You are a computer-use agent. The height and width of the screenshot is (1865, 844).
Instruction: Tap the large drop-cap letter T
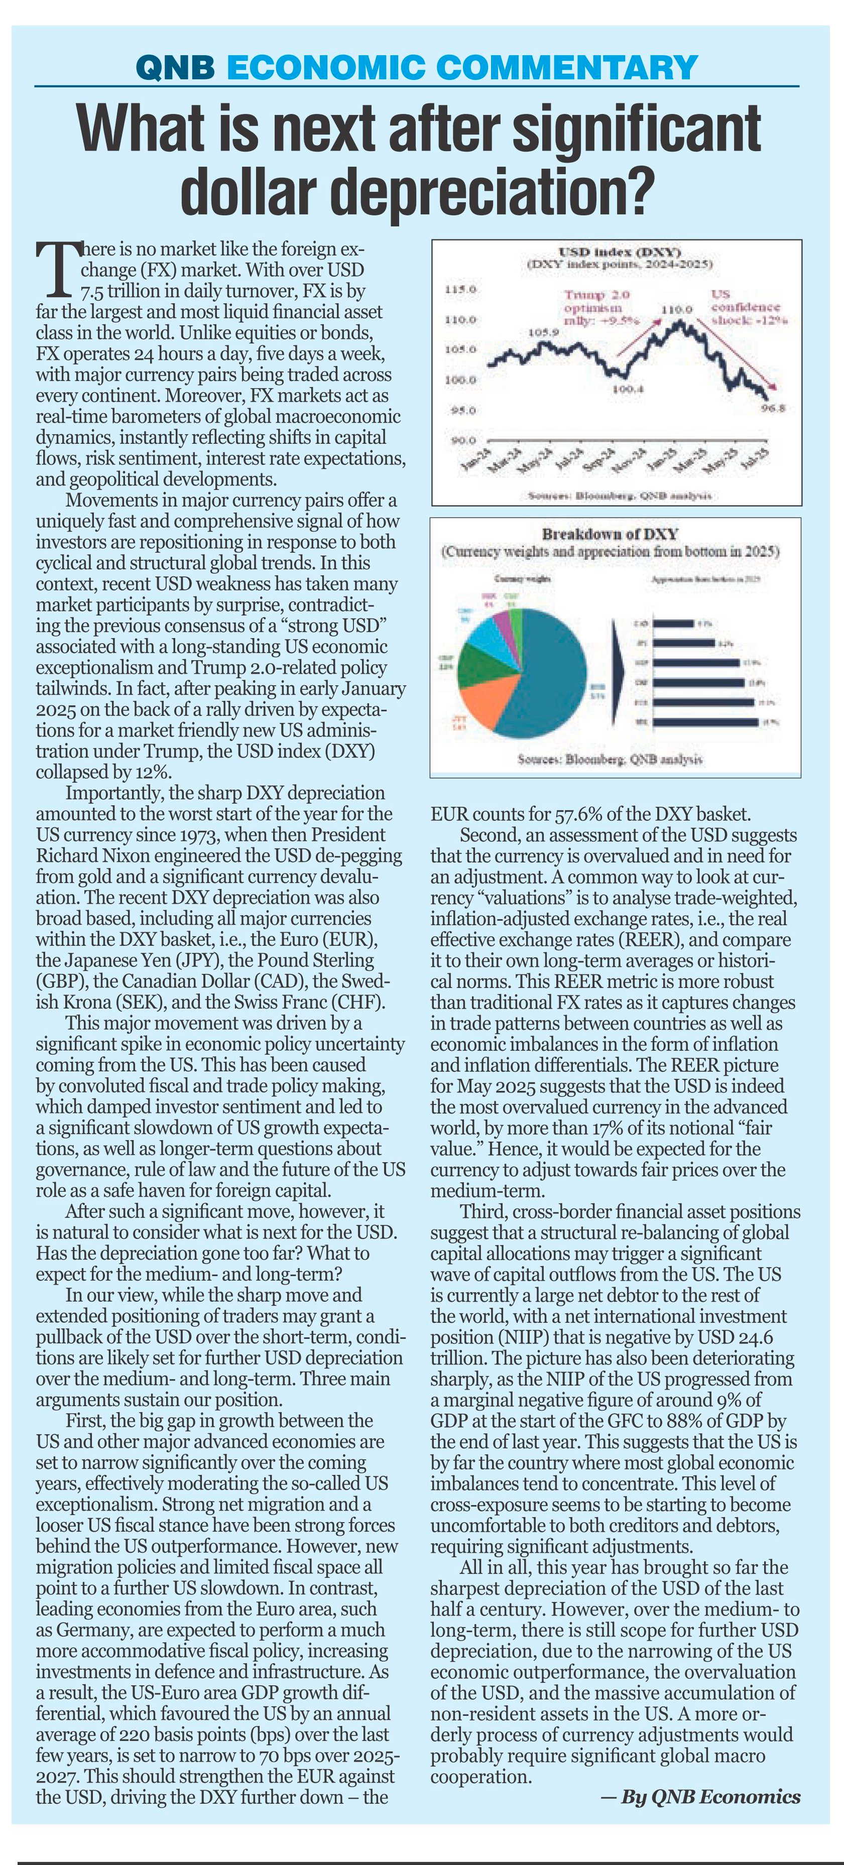pyautogui.click(x=56, y=269)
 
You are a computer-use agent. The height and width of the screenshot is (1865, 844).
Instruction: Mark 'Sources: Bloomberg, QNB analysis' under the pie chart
pyautogui.click(x=610, y=760)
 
